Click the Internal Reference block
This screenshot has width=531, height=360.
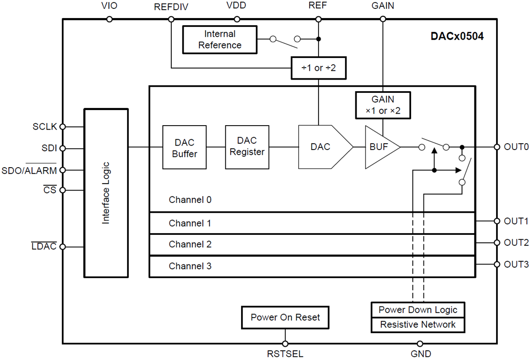click(219, 39)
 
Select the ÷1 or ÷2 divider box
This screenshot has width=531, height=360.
click(318, 69)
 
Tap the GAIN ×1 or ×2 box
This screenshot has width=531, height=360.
click(383, 105)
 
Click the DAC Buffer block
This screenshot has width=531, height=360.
click(184, 148)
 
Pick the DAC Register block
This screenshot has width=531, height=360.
click(246, 147)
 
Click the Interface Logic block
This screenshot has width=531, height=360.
click(106, 193)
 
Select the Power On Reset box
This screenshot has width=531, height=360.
click(285, 318)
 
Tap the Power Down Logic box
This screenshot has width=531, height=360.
click(418, 310)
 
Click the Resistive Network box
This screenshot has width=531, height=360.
click(418, 325)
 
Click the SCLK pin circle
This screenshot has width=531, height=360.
click(63, 126)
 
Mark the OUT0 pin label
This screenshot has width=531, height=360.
click(516, 147)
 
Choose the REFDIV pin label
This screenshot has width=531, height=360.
click(171, 7)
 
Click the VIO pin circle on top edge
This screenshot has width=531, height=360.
click(109, 19)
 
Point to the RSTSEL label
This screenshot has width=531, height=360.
click(285, 354)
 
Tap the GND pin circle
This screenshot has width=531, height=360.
click(420, 344)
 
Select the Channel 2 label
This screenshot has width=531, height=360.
click(190, 245)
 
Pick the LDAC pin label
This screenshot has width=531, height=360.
click(44, 247)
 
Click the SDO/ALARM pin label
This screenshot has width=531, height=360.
click(29, 170)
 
